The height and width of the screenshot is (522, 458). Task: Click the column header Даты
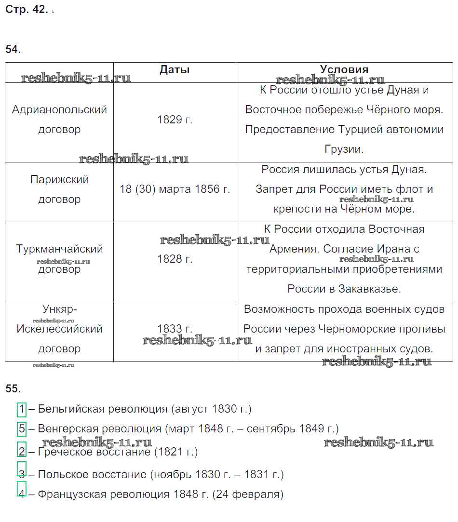175,70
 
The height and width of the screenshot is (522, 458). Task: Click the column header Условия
344,70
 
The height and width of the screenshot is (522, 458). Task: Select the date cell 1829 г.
175,120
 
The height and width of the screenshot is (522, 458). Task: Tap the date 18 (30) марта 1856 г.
175,189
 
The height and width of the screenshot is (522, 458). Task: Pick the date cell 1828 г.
175,259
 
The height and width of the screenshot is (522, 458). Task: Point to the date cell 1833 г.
175,329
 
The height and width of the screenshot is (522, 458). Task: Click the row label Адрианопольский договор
59,120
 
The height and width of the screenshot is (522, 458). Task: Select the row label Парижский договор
59,189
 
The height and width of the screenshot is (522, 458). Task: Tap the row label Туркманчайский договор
59,259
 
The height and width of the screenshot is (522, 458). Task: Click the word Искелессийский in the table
59,329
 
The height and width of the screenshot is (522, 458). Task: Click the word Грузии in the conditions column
344,149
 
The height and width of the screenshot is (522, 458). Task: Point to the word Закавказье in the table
371,289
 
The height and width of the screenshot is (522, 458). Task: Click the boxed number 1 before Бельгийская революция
22,409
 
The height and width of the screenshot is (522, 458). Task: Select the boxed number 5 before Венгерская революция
22,428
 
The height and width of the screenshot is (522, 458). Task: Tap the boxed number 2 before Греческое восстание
22,452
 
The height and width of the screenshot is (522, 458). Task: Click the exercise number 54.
13,50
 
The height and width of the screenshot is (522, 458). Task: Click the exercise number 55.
13,388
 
